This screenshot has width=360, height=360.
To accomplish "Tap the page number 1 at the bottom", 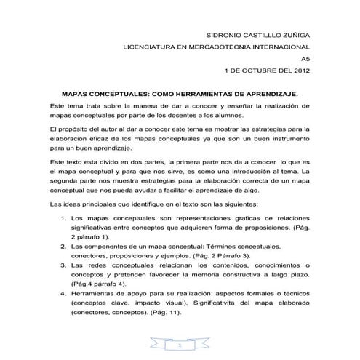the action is tap(180, 345).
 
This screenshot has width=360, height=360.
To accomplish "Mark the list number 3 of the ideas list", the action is tap(60, 268).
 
